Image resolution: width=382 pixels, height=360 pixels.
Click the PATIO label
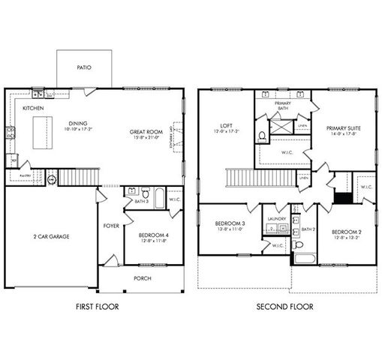coord(84,67)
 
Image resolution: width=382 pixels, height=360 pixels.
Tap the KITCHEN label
coord(33,109)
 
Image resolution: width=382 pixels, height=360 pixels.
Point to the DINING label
coord(78,124)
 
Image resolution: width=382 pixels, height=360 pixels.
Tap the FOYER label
coord(110,225)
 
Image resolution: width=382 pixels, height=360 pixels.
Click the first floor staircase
coord(74,177)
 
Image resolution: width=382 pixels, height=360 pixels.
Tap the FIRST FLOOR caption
coord(98,307)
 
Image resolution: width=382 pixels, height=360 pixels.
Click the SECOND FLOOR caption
coord(284,307)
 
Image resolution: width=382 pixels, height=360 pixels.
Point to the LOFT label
coord(226,125)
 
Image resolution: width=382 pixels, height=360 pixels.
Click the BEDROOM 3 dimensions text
coord(230,230)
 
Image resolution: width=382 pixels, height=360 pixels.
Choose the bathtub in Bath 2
coord(305,259)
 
